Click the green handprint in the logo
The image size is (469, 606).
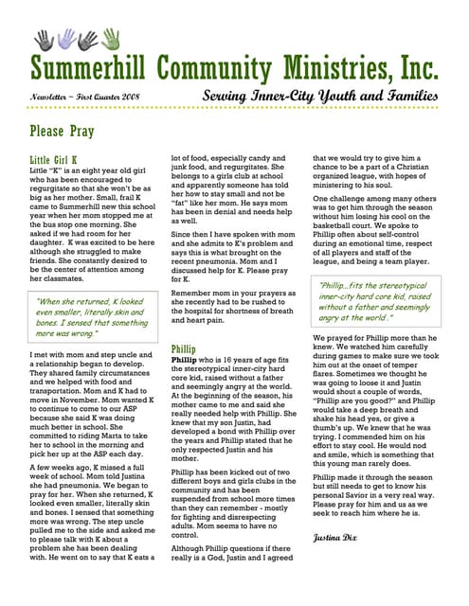[112, 38]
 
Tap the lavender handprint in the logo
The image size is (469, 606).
[66, 39]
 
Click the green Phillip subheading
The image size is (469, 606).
[184, 348]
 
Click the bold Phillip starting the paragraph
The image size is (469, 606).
[184, 361]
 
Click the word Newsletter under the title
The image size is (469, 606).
[51, 98]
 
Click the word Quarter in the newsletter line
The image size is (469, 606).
[99, 98]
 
